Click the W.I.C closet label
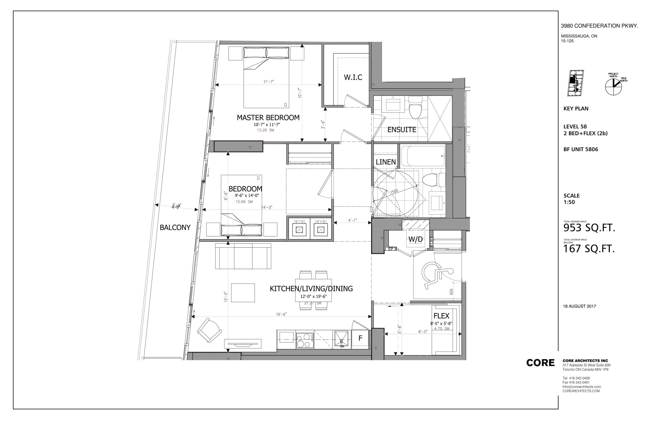(x=353, y=77)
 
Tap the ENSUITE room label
(x=401, y=130)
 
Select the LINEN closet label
(x=386, y=162)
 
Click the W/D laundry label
(x=415, y=239)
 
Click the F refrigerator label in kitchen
(x=360, y=338)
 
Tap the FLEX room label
(x=441, y=316)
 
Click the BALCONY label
(x=175, y=228)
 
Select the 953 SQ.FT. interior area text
(x=589, y=228)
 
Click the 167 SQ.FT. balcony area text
(x=589, y=249)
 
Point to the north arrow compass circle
(x=613, y=87)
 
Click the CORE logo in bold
(x=540, y=363)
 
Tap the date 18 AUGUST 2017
(x=579, y=306)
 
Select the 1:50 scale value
(x=569, y=202)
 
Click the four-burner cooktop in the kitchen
(x=305, y=340)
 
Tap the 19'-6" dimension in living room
(x=281, y=314)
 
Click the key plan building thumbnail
(x=575, y=83)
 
